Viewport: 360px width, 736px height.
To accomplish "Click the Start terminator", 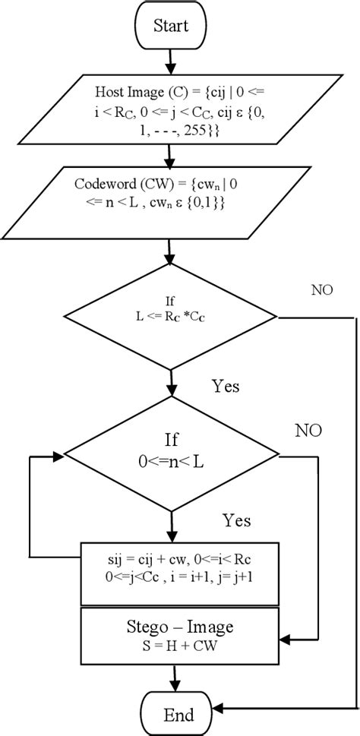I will tap(171, 26).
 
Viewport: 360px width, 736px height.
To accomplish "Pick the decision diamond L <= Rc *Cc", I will tap(172, 314).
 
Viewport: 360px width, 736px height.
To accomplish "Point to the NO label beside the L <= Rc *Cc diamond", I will tap(322, 289).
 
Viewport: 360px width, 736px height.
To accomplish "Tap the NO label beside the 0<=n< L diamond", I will tap(308, 431).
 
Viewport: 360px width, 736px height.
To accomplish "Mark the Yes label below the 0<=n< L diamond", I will tap(236, 520).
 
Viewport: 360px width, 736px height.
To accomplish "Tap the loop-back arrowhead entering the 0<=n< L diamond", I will tap(59, 456).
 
